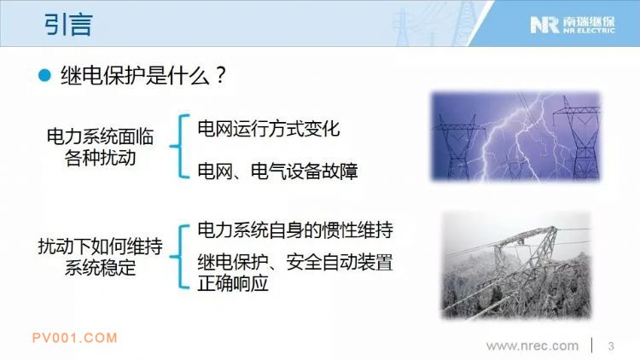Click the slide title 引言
[x=68, y=24]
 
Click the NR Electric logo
[x=573, y=25]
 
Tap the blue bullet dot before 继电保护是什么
[x=44, y=76]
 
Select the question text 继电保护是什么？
[x=143, y=76]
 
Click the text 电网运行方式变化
[x=268, y=129]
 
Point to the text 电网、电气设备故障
[x=277, y=171]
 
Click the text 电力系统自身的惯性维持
[x=295, y=230]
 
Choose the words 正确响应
[x=233, y=283]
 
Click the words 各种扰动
[x=100, y=158]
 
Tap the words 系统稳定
[x=100, y=268]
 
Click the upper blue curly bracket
[x=180, y=146]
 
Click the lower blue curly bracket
[x=180, y=257]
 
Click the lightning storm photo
[x=515, y=136]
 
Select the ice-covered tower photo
[x=517, y=265]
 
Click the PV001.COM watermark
[x=75, y=338]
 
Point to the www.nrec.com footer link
[x=532, y=345]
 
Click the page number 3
[x=611, y=346]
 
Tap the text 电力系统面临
[x=100, y=136]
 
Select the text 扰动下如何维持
[x=100, y=247]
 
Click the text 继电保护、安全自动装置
[x=295, y=262]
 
